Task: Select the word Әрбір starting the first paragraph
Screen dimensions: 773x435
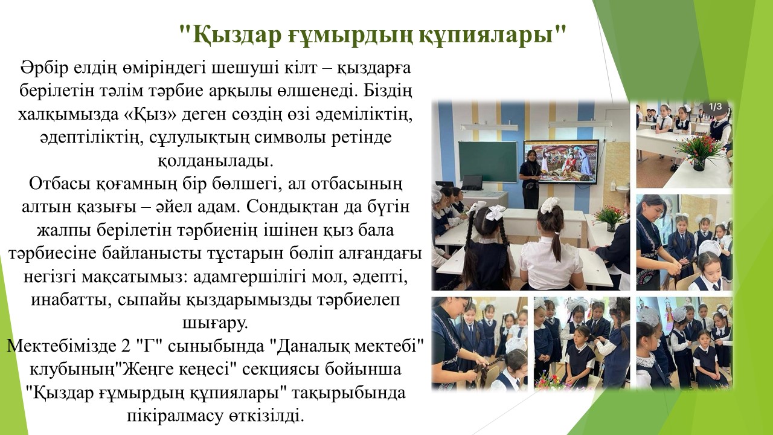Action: pos(44,67)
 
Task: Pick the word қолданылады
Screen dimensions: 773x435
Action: pos(216,161)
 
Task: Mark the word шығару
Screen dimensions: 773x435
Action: pos(216,323)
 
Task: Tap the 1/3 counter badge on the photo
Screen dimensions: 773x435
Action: pos(716,107)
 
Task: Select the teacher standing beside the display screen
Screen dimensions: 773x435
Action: pos(530,179)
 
